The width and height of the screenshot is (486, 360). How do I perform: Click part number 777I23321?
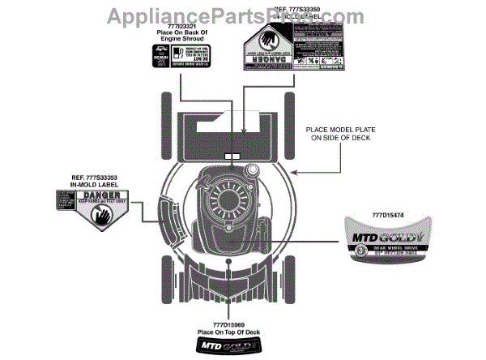(x=172, y=25)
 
